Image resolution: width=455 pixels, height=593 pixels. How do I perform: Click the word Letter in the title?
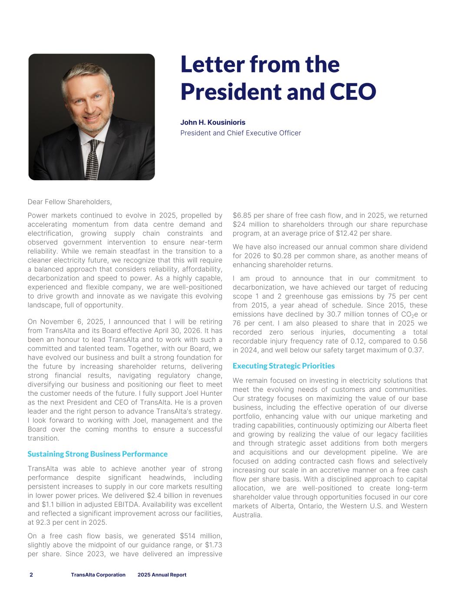coord(211,64)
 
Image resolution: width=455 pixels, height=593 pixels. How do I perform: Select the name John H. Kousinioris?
coord(213,123)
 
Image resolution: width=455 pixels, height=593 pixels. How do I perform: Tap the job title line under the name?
coord(241,133)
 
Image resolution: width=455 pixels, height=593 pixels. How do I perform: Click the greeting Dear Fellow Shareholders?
coord(69,202)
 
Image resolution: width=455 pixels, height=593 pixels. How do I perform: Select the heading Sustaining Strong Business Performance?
coord(97,454)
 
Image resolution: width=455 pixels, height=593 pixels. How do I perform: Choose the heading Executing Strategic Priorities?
coord(284,366)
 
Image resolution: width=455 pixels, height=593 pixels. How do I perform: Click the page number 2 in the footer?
coord(31,575)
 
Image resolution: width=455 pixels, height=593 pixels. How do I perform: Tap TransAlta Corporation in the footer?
coord(98,575)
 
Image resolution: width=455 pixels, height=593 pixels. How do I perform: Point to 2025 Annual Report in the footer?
coord(162,575)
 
